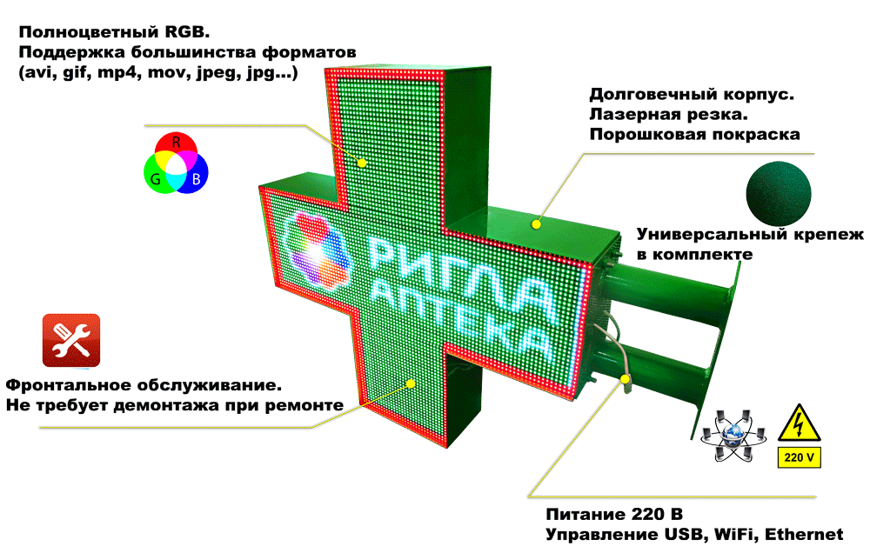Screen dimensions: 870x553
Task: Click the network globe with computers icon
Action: (735, 436)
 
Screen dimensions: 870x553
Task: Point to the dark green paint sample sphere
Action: (779, 190)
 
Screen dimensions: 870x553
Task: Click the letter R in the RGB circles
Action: (176, 140)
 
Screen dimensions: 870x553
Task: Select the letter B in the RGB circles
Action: (197, 179)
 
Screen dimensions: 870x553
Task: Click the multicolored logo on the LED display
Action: (318, 250)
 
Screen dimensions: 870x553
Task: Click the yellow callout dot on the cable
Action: (625, 378)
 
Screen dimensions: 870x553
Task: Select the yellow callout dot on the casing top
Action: (537, 224)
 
